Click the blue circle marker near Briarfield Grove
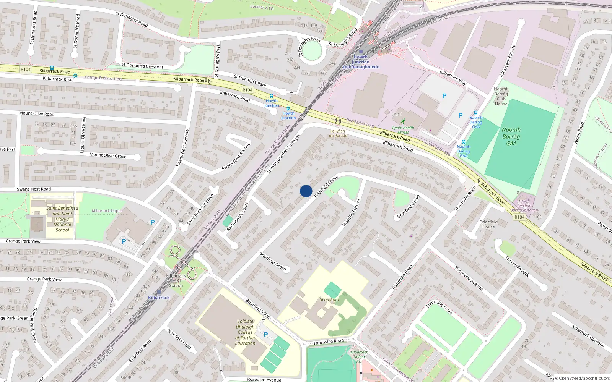[x=306, y=191]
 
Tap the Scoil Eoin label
[x=329, y=299]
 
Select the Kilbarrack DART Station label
[x=176, y=280]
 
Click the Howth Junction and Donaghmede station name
[x=361, y=62]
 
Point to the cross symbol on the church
[x=37, y=224]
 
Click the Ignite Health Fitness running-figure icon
[x=403, y=121]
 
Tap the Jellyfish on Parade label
[x=339, y=133]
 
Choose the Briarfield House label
[x=488, y=224]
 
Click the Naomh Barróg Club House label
[x=501, y=96]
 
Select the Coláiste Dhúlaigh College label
[x=245, y=332]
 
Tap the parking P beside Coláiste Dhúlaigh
[x=266, y=335]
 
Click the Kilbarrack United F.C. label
[x=359, y=356]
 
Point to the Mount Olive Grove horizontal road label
[x=108, y=155]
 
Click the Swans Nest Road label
[x=34, y=189]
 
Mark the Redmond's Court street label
[x=238, y=217]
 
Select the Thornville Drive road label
[x=439, y=307]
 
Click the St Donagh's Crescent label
[x=142, y=66]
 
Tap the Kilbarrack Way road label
[x=453, y=78]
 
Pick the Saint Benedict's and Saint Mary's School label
[x=62, y=219]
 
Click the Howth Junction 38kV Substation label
[x=524, y=206]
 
